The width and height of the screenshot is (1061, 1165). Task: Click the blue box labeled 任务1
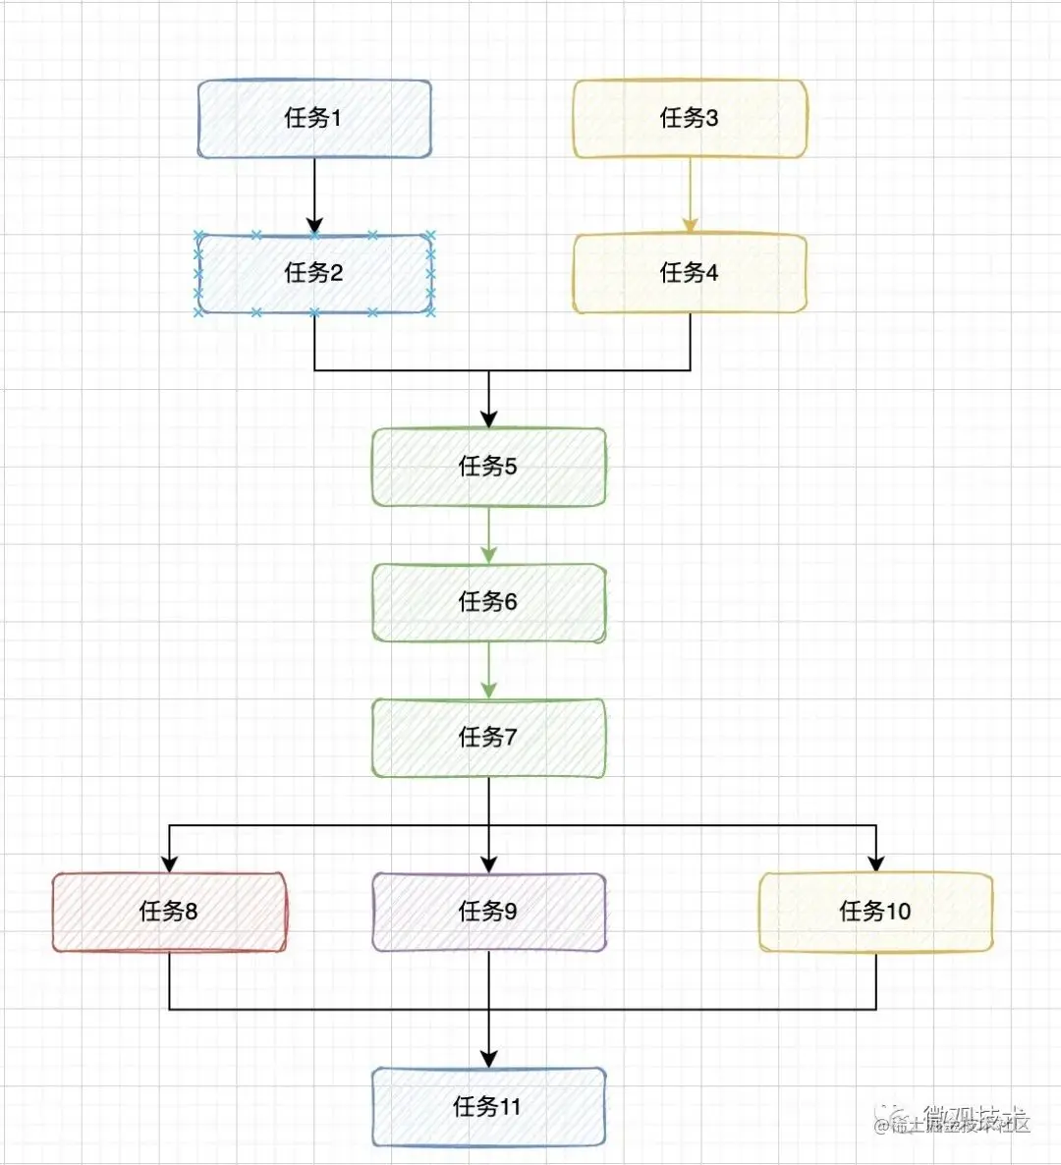click(314, 119)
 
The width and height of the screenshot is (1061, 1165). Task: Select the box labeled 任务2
click(314, 273)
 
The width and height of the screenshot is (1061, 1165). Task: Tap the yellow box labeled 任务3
click(690, 119)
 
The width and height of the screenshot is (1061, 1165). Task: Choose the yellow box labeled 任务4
click(690, 273)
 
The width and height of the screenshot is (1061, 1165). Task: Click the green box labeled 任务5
click(488, 467)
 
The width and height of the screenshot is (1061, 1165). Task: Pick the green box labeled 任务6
click(488, 602)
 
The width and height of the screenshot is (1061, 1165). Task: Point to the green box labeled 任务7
click(488, 738)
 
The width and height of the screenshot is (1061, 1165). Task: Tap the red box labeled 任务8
click(169, 912)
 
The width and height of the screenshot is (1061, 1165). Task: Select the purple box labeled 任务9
click(488, 912)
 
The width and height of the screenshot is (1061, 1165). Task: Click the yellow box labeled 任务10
click(875, 912)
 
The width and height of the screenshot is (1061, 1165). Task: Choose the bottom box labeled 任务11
click(488, 1107)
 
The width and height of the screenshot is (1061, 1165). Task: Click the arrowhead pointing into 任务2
click(314, 225)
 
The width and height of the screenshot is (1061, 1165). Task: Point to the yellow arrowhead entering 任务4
click(690, 225)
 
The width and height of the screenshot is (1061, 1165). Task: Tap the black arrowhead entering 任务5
click(488, 418)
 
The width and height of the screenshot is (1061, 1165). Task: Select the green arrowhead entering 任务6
click(488, 554)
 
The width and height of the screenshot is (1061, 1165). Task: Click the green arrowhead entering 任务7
click(488, 690)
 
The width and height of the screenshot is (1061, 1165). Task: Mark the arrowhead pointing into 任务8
click(169, 863)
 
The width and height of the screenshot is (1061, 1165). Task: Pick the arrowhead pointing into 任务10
click(875, 863)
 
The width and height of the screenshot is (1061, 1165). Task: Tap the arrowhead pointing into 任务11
click(488, 1059)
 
